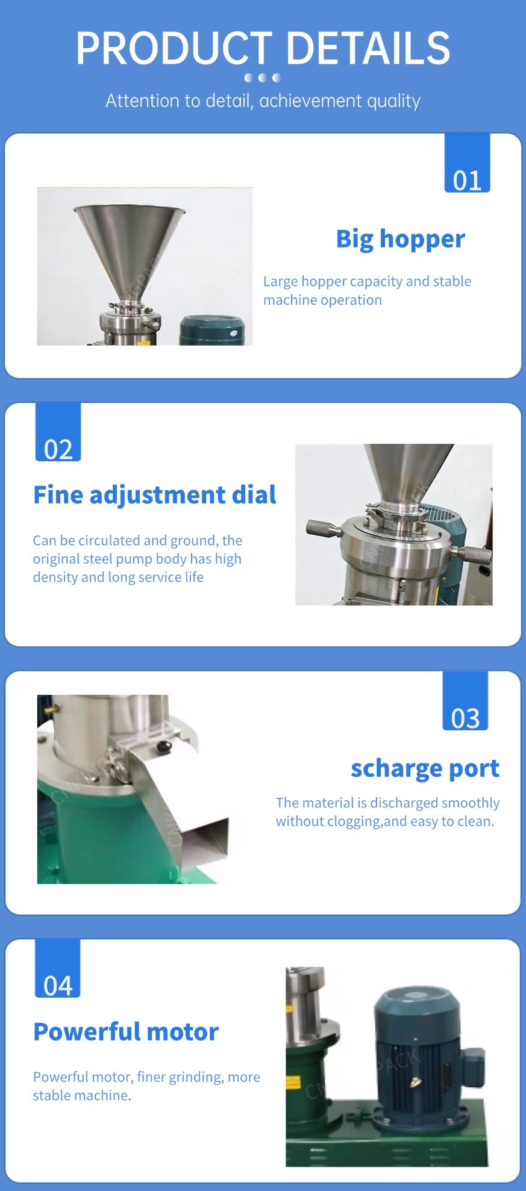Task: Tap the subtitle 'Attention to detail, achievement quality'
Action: [263, 101]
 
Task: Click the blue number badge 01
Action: [467, 163]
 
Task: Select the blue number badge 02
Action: [58, 432]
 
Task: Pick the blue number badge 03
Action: [465, 701]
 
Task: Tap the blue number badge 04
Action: [57, 968]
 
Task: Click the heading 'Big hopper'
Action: [401, 239]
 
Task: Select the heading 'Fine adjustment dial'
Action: [155, 495]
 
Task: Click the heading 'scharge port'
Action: [425, 768]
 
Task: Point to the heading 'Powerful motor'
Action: [126, 1031]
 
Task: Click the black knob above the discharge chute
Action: [163, 747]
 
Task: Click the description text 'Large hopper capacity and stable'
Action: [368, 281]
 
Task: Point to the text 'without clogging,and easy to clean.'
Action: [385, 821]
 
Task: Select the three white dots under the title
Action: [263, 78]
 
